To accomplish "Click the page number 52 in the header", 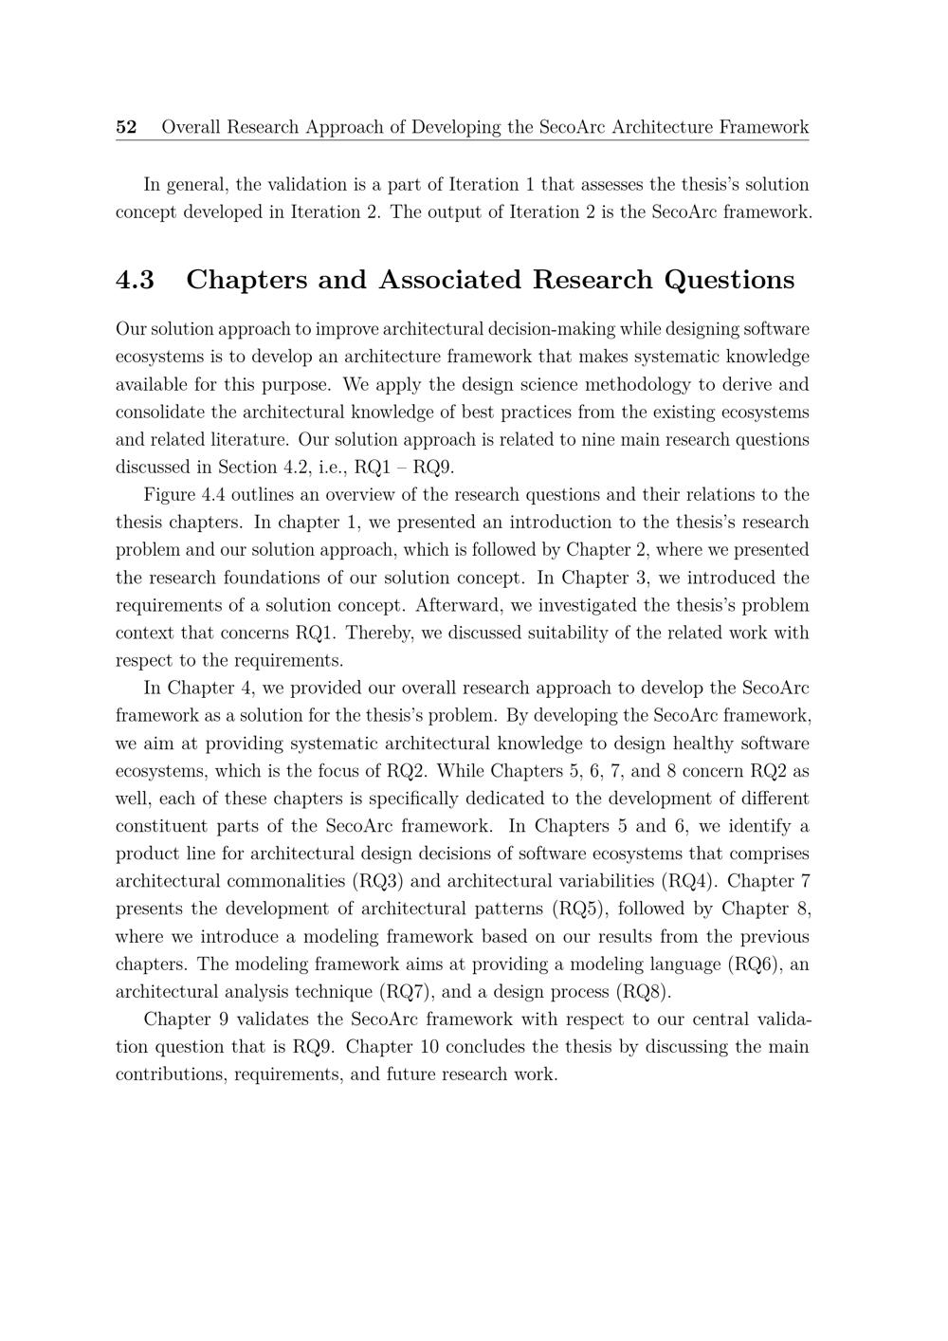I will tap(126, 127).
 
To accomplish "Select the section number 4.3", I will tap(135, 280).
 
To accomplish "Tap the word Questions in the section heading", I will tap(729, 280).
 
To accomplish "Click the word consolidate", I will tap(156, 413).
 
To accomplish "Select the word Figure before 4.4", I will tap(169, 495).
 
